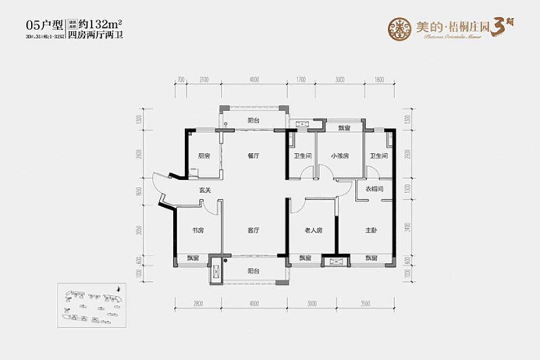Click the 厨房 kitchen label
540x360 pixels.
pyautogui.click(x=204, y=156)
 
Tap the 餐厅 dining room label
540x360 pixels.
pyautogui.click(x=254, y=156)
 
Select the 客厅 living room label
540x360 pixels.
pyautogui.click(x=254, y=230)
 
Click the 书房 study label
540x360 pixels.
pyautogui.click(x=198, y=230)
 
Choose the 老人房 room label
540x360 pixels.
pyautogui.click(x=313, y=230)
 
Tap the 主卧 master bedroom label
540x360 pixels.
pyautogui.click(x=370, y=230)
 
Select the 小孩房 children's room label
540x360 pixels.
pyautogui.click(x=340, y=156)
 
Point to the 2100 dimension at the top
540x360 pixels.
pyautogui.click(x=204, y=80)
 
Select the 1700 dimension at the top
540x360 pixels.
pyautogui.click(x=301, y=80)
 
